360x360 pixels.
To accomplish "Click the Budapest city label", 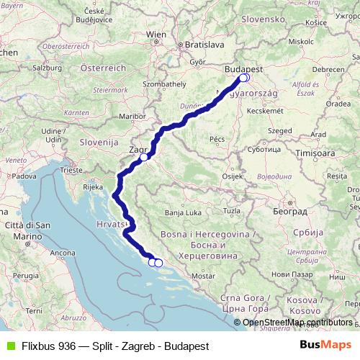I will pos(243,68).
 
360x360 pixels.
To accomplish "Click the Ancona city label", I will pos(63,253).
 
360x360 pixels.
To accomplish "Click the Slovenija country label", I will pos(97,143).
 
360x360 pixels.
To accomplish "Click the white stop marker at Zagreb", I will pos(144,157).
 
